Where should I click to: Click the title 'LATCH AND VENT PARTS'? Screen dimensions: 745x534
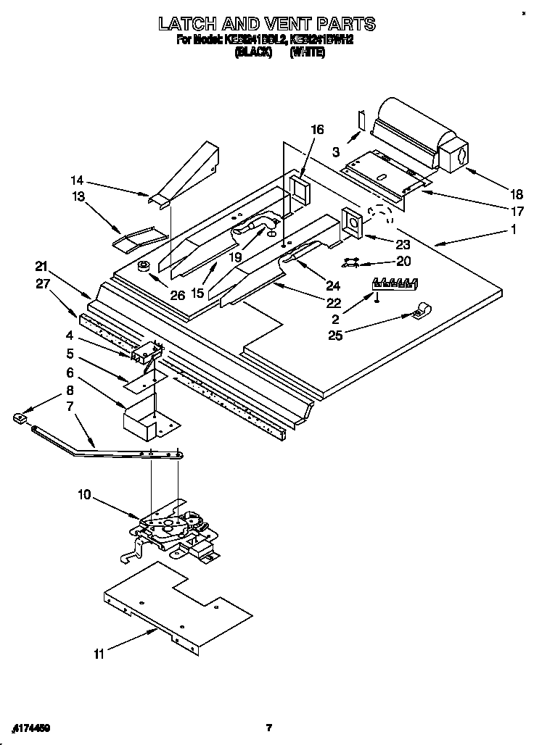266,24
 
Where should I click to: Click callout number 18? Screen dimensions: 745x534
516,193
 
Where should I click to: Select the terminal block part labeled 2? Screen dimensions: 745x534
395,283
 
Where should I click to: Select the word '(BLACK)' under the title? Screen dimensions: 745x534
253,53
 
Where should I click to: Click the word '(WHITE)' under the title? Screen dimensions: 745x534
308,53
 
